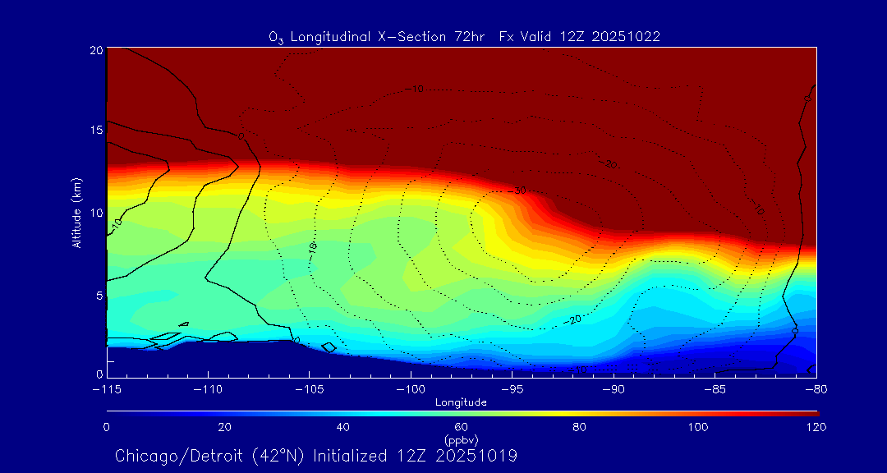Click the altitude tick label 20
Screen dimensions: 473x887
[95, 50]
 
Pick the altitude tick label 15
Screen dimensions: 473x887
[95, 131]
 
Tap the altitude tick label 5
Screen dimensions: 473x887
[98, 295]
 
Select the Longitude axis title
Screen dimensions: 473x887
[462, 402]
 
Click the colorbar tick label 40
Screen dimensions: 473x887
[343, 427]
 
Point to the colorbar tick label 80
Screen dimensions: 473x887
[580, 427]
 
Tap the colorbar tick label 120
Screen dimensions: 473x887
[816, 427]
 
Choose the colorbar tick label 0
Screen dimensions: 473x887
[107, 427]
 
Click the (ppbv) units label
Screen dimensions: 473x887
[462, 440]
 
